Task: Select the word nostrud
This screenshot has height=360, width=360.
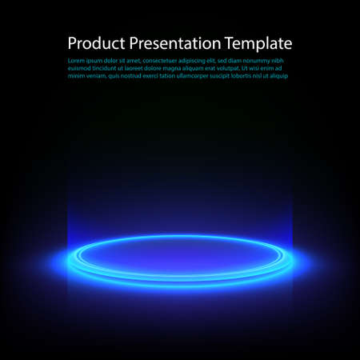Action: (x=136, y=76)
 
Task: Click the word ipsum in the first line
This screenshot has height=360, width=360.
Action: (x=98, y=61)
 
